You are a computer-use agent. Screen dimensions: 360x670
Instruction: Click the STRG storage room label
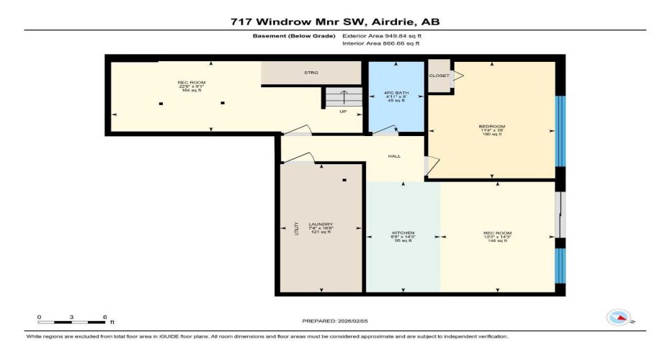[311, 73]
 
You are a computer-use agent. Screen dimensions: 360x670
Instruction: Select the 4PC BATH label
[396, 91]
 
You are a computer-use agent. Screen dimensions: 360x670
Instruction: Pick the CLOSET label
[439, 76]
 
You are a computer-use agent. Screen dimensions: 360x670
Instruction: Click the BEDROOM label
[492, 127]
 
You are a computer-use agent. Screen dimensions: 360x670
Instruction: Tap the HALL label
[394, 156]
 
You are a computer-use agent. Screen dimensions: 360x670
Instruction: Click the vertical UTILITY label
[295, 229]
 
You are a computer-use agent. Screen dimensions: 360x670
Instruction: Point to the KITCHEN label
[402, 233]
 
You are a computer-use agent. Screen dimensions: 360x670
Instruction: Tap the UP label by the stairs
[343, 112]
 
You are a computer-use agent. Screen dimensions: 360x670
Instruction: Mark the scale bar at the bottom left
[72, 321]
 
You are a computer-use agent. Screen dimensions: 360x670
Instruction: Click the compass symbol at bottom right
[619, 317]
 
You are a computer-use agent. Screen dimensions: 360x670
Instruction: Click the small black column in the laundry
[344, 180]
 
